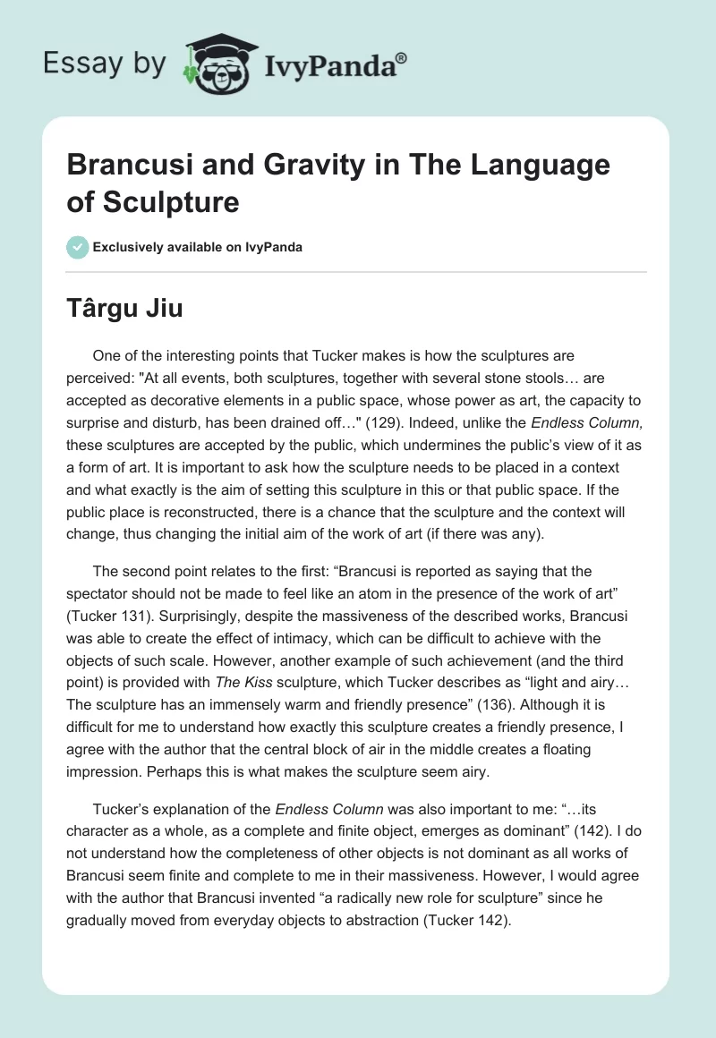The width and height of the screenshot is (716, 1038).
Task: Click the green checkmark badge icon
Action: click(78, 247)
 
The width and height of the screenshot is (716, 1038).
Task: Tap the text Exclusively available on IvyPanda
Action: click(199, 247)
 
